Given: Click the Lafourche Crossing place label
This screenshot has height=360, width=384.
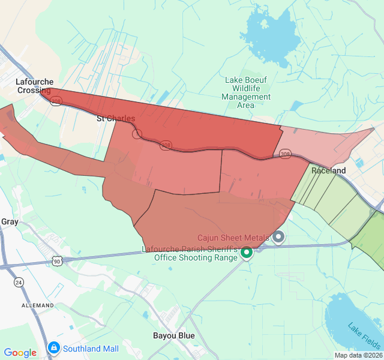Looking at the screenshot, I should coord(35,86).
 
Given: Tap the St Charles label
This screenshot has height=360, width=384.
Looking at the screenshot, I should coord(116,119).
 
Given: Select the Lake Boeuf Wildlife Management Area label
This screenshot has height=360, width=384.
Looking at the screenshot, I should coord(246,92).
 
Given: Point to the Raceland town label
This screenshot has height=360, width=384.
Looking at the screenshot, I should coord(328,171).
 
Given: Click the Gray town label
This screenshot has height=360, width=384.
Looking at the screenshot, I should coord(10,221).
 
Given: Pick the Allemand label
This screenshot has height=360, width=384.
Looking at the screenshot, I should coord(38,305).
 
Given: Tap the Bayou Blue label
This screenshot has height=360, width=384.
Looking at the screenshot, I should coord(173,335).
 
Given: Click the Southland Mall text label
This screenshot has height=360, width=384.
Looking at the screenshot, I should coord(92,349).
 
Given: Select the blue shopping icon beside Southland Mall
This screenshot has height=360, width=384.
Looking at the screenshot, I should coord(54,347).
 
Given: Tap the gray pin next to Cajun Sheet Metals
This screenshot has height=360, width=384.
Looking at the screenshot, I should coord(278,237).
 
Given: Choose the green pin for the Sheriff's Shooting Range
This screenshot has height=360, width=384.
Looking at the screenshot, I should coord(246,254).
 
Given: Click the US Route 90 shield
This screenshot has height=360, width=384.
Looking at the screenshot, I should coord(56,261).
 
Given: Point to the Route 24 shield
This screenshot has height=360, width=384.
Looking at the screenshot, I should coord(19,282).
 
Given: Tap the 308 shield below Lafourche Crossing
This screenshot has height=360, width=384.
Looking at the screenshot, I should coord(56,102).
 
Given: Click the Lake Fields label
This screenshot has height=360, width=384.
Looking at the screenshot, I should coord(364,336).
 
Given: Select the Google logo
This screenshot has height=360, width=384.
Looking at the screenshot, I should coord(20,353).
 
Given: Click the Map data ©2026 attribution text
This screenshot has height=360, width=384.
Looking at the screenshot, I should coord(358,355).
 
